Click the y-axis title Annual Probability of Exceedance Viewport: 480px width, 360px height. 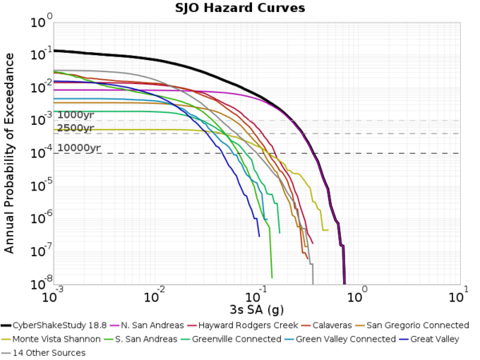10,152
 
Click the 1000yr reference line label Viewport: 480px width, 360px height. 75,115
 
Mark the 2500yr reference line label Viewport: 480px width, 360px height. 75,128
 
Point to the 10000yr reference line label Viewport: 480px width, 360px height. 78,148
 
